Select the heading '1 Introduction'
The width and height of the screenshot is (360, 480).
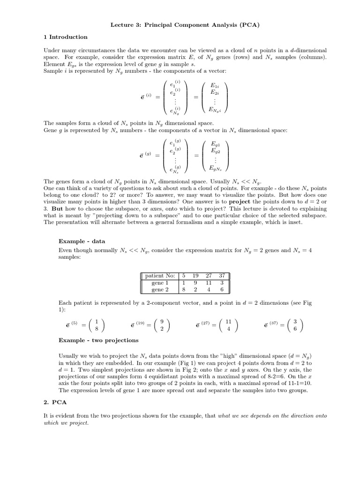(x=65, y=37)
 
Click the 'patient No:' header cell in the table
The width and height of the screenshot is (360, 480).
(x=158, y=276)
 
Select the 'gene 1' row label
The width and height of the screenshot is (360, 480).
(x=157, y=283)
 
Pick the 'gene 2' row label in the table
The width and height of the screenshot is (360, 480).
(x=157, y=290)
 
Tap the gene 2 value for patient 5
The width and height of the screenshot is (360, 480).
(x=184, y=290)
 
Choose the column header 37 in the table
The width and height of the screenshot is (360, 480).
(x=222, y=276)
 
